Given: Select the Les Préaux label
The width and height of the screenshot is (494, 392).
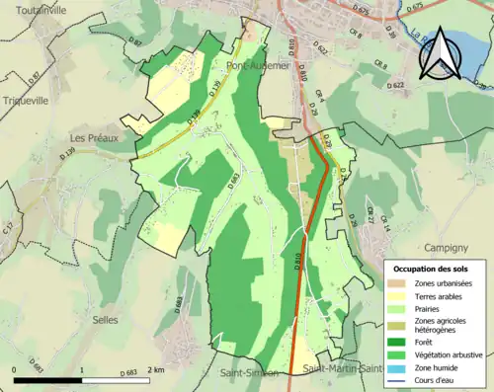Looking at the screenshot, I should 94,138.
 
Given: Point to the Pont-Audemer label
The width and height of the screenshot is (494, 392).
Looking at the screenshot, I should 259,65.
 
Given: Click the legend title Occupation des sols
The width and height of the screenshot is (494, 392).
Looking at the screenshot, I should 432,269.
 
